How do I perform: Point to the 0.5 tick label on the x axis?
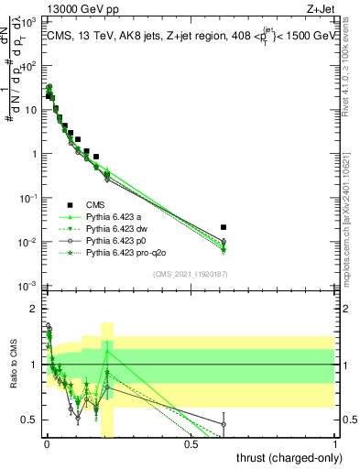tap(191, 443)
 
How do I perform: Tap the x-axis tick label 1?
tap(335, 443)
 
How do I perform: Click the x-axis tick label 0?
tap(46, 443)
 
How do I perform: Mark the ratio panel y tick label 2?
tap(34, 309)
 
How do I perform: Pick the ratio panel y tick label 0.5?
tap(29, 420)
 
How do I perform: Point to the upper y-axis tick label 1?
tap(35, 154)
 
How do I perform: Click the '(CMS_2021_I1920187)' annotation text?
tap(191, 273)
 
